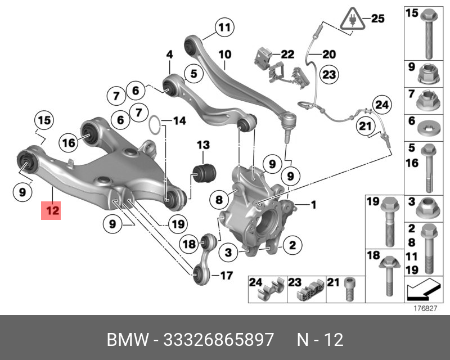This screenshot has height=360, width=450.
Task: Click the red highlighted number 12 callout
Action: tap(52, 211)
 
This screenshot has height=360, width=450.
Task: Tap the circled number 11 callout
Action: tap(224, 27)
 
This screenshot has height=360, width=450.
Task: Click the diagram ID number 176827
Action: tap(426, 309)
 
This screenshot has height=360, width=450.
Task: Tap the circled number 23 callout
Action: tap(328, 74)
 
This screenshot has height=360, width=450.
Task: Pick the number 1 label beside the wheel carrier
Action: tap(313, 204)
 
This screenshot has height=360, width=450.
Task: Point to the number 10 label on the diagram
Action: tap(224, 55)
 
